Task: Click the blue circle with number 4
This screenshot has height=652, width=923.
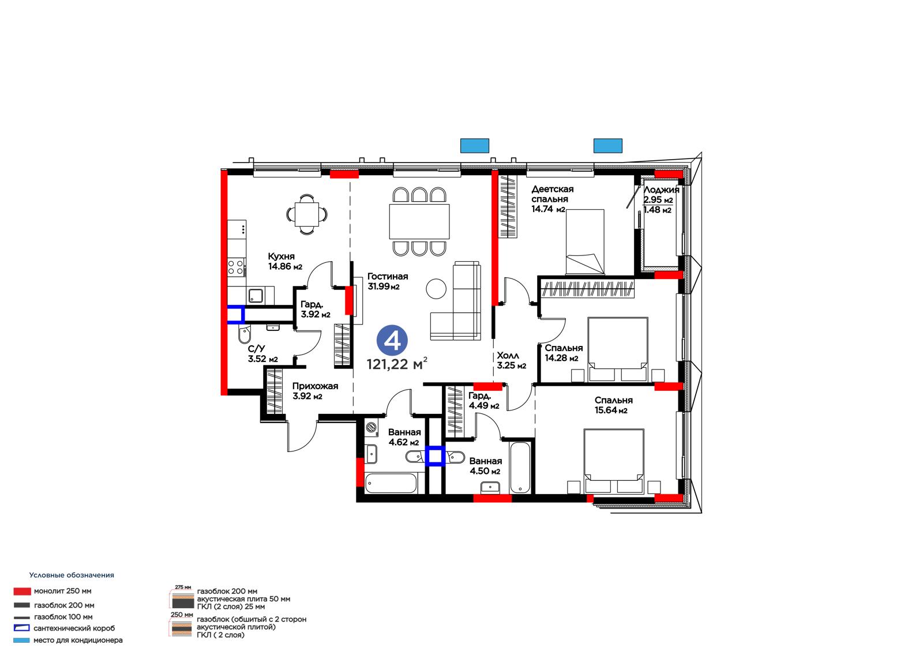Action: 392,340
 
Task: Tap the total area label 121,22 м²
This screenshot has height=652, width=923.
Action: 397,364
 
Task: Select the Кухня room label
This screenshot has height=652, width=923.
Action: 282,256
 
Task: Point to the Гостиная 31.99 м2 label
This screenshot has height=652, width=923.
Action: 388,281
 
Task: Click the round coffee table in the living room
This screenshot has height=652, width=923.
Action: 436,289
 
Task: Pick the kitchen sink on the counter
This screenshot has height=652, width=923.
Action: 256,295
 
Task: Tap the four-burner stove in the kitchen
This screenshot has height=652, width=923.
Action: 236,267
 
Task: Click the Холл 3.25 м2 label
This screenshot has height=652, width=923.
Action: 511,360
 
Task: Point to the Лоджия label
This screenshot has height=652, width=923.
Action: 661,190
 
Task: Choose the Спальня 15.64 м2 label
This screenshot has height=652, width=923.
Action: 614,405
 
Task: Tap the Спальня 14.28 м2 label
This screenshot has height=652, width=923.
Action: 564,353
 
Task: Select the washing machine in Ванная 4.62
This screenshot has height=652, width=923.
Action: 372,428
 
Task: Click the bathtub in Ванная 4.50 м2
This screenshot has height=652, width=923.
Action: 520,468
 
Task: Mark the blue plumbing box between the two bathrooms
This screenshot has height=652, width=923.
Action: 435,457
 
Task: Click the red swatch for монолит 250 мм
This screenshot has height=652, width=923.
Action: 22,591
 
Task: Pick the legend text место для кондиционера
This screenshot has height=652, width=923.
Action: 78,640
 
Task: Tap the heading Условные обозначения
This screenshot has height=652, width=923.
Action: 72,575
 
